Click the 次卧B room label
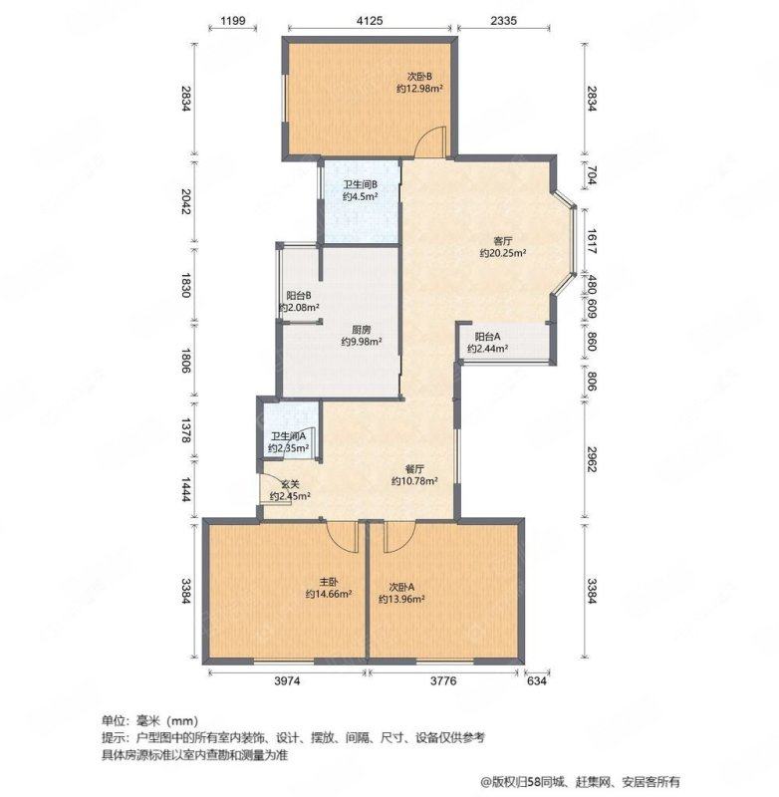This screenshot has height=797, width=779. [x=419, y=77]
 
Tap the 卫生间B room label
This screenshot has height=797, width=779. [x=360, y=184]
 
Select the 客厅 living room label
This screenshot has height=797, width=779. [x=502, y=241]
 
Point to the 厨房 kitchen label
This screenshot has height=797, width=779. [x=362, y=330]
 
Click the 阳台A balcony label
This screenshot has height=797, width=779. [x=488, y=337]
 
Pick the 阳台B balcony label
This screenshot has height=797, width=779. [x=299, y=295]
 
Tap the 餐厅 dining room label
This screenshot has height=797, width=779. [x=414, y=469]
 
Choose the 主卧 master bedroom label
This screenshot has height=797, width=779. [x=329, y=582]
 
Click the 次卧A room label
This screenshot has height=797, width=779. [x=401, y=588]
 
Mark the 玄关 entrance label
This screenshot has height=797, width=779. [x=290, y=484]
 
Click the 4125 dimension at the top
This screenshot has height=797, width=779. [x=370, y=20]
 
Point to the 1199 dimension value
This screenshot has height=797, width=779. [x=233, y=20]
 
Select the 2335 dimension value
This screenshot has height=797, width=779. [x=504, y=20]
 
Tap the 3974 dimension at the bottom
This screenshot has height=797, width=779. [x=287, y=680]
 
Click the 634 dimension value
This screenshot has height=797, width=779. [x=537, y=680]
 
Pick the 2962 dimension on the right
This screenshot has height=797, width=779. [x=592, y=459]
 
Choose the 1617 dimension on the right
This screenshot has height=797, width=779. [x=592, y=241]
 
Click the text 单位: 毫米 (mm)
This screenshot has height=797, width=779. [x=149, y=720]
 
